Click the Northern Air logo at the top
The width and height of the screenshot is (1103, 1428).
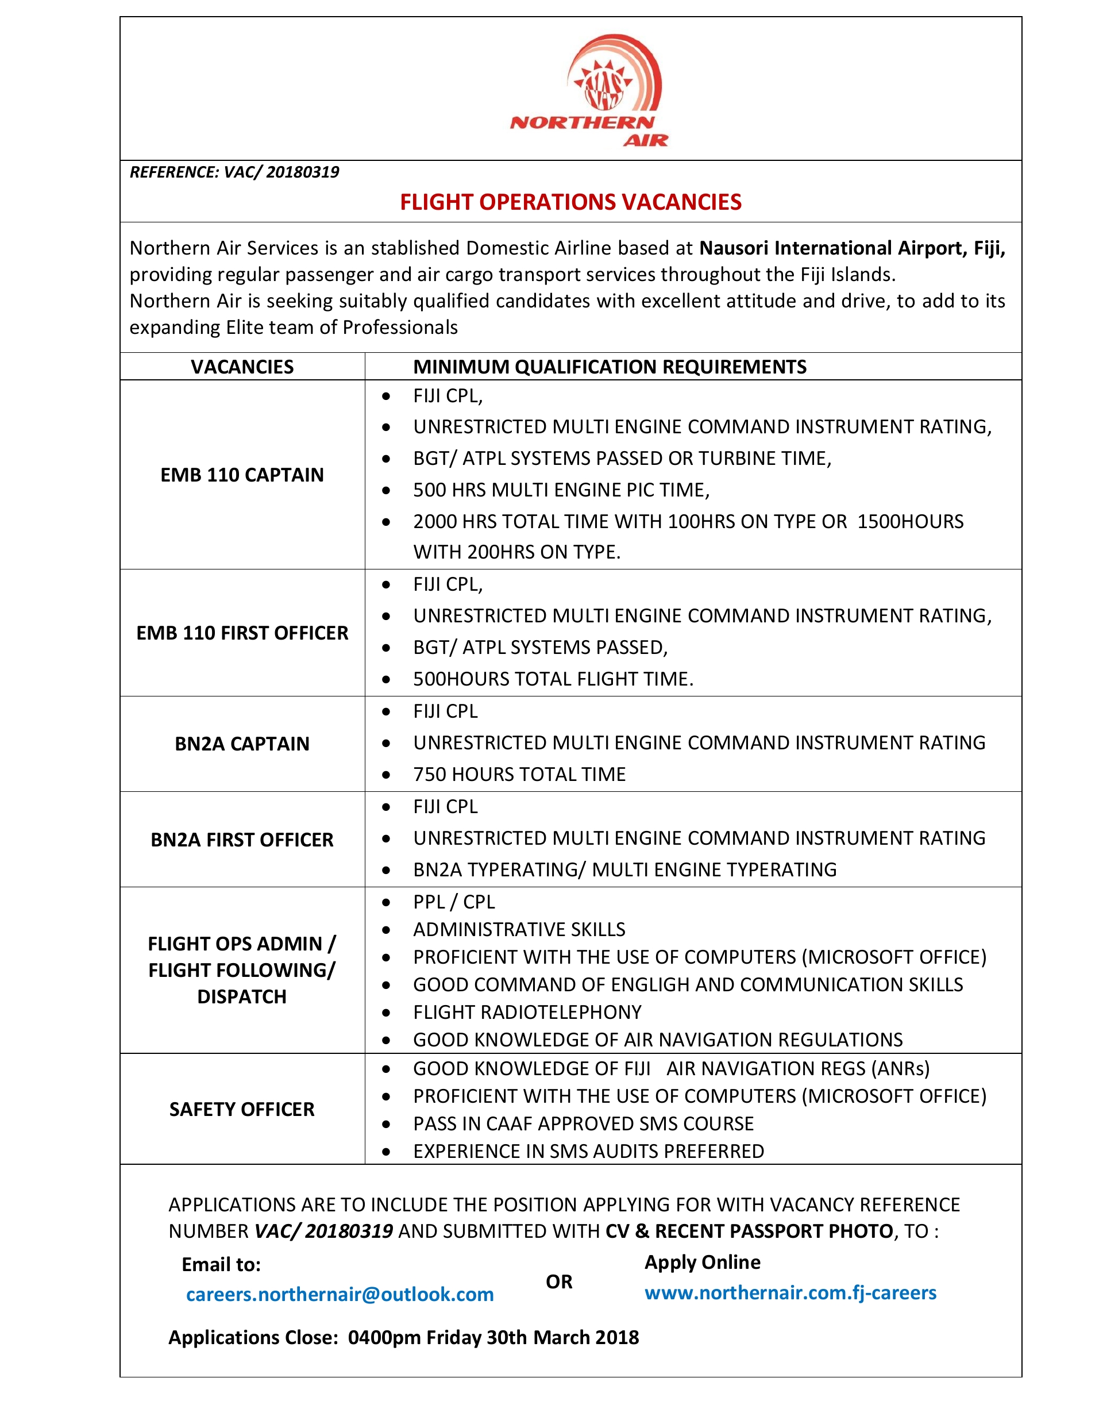(x=589, y=91)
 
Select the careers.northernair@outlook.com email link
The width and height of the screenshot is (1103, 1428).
(x=340, y=1294)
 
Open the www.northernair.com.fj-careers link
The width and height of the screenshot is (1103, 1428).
(x=790, y=1292)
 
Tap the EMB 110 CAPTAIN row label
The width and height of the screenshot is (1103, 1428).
(x=242, y=475)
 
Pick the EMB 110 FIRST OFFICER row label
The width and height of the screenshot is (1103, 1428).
(x=242, y=633)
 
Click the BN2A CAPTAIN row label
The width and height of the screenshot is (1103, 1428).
(x=242, y=744)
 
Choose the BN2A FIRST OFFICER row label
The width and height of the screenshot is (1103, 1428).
(x=242, y=840)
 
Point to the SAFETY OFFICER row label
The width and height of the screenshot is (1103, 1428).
(x=242, y=1109)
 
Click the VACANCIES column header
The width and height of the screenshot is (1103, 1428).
(x=242, y=367)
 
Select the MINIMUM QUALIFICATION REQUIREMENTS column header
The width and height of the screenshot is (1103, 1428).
(x=610, y=367)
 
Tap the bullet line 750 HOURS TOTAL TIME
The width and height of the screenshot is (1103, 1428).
(x=519, y=774)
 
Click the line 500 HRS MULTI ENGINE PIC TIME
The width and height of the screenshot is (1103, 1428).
(x=561, y=490)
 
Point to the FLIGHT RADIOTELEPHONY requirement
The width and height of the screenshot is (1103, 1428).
(x=527, y=1012)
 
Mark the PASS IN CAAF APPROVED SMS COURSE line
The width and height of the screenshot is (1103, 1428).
(x=583, y=1123)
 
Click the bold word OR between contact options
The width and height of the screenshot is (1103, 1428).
(x=559, y=1281)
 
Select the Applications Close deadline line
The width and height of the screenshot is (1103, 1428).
(x=403, y=1337)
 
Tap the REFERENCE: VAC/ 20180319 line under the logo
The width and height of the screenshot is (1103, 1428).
(x=234, y=172)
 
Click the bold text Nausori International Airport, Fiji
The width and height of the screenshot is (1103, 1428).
(x=852, y=248)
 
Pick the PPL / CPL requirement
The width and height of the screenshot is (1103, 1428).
(x=454, y=902)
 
